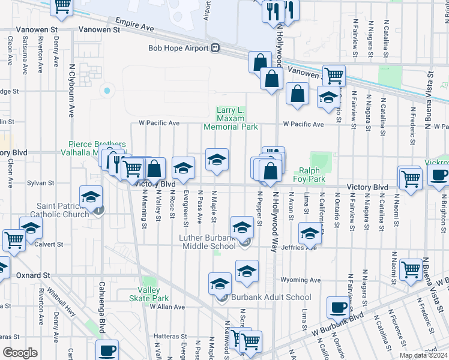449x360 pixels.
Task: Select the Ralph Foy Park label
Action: tap(309, 175)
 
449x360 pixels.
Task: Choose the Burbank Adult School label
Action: tap(265, 297)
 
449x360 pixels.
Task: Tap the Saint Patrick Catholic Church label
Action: tap(63, 210)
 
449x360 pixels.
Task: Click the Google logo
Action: tap(20, 353)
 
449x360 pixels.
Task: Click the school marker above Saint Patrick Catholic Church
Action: tap(91, 197)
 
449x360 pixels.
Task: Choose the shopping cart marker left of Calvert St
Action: tap(14, 240)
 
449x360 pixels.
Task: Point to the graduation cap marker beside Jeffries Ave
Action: tap(310, 234)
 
